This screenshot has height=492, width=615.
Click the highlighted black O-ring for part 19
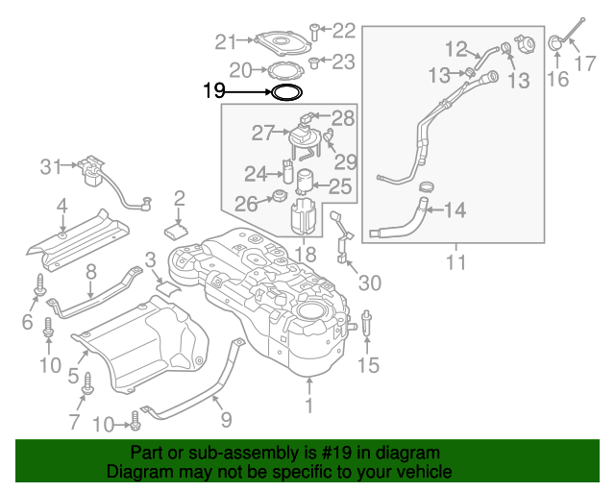286,93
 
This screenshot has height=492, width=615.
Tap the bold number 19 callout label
214,92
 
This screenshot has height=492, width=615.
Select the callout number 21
226,41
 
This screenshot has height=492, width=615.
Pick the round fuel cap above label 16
556,42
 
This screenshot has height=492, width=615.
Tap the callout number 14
454,209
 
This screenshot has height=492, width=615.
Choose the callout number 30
369,283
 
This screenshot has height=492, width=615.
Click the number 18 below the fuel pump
305,255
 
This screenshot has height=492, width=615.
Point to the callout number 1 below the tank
309,408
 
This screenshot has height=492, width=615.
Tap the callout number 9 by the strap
226,419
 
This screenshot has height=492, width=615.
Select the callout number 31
50,167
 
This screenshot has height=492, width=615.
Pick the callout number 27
263,132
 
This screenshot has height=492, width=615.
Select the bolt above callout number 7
87,383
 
